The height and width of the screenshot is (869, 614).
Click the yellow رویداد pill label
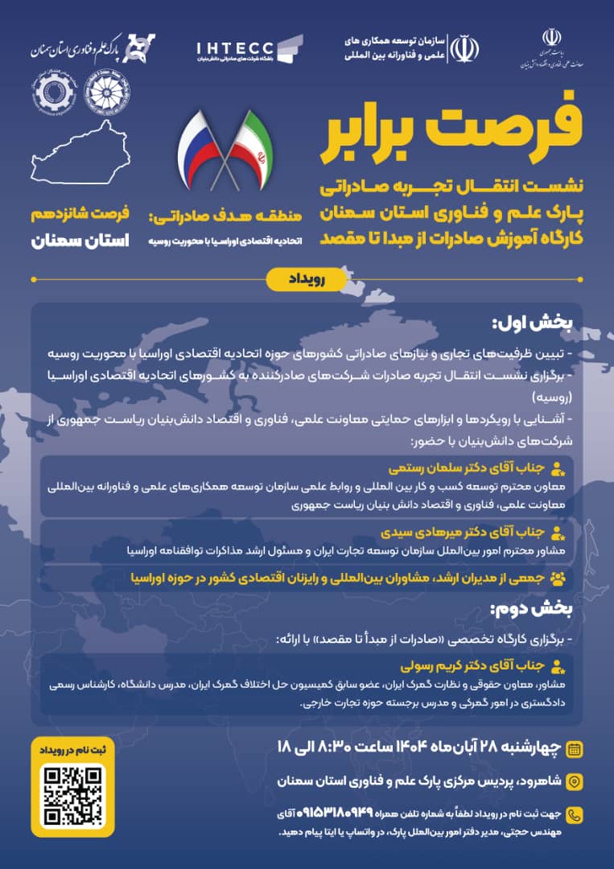pyautogui.click(x=306, y=278)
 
